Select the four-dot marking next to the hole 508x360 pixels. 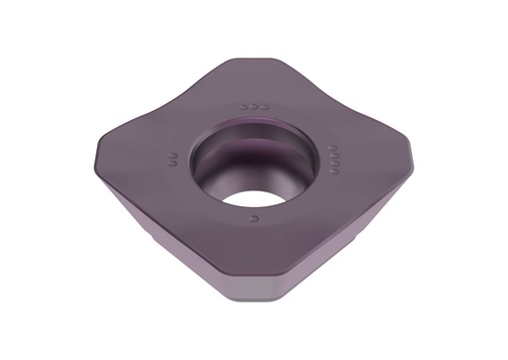pos(334,157)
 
